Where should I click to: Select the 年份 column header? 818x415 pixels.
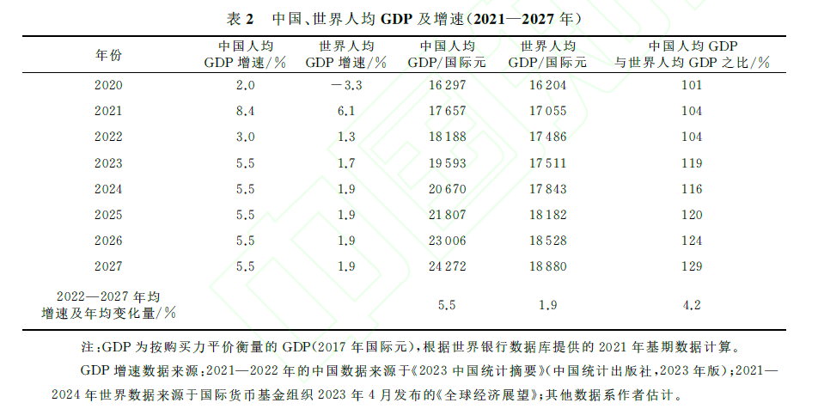click(x=108, y=55)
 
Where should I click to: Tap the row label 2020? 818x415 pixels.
click(x=108, y=85)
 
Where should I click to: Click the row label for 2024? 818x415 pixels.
click(x=108, y=188)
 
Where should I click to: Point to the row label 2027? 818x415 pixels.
click(x=108, y=266)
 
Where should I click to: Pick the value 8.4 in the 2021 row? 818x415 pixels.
click(x=246, y=111)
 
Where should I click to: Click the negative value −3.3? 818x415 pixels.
click(x=346, y=85)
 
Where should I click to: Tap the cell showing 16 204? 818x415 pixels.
click(x=547, y=85)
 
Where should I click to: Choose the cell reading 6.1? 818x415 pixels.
click(x=346, y=111)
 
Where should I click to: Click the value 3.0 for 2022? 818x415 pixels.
click(x=246, y=137)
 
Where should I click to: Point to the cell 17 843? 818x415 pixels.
click(x=547, y=188)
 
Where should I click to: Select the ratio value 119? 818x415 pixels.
click(x=691, y=162)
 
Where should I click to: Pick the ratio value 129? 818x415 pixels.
click(x=691, y=266)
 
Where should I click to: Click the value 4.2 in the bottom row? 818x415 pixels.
click(x=691, y=304)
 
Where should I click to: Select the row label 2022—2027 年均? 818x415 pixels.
click(x=108, y=296)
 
